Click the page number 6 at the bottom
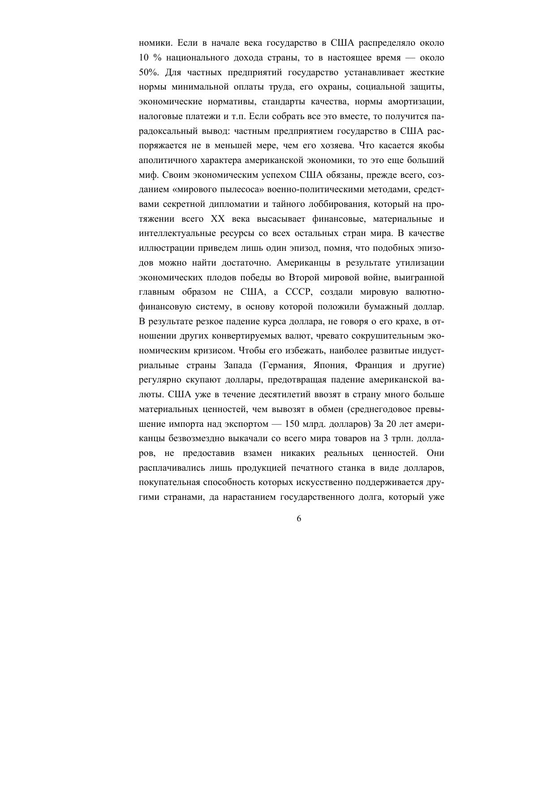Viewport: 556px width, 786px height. tap(299, 519)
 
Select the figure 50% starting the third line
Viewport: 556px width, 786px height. tap(148, 73)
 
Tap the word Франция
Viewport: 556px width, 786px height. tap(372, 365)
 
